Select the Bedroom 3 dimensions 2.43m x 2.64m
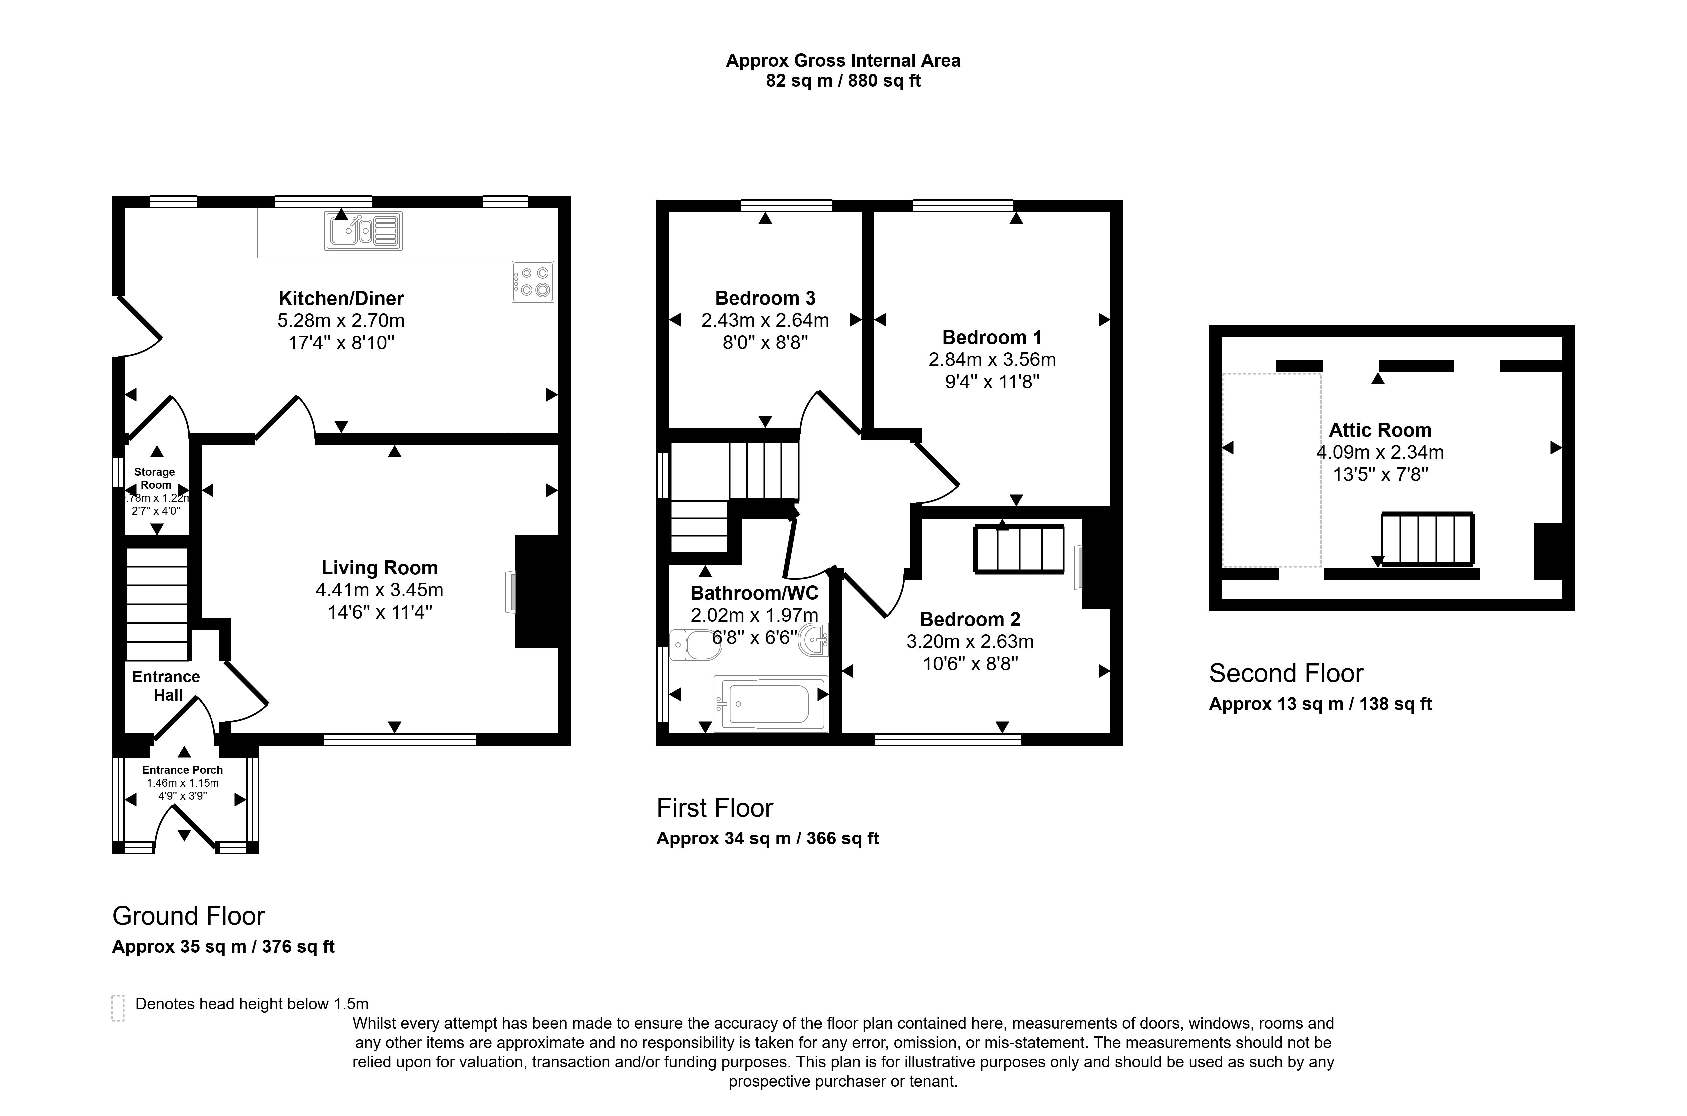(765, 320)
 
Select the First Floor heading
(714, 808)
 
